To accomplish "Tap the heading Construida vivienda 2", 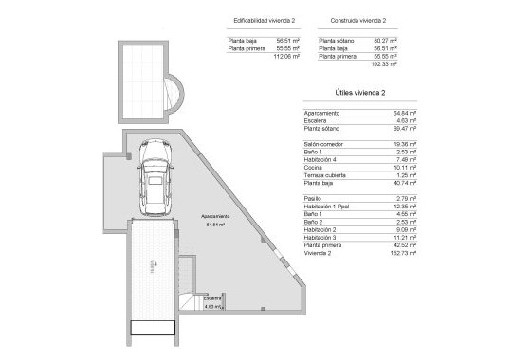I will pyautogui.click(x=358, y=20).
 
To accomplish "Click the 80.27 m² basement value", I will pyautogui.click(x=385, y=40).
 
